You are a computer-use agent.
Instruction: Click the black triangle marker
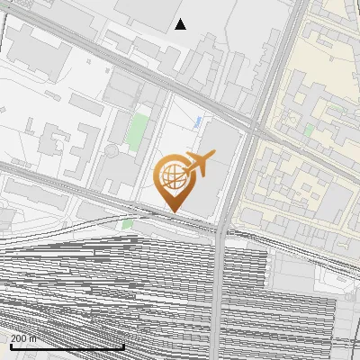[x=181, y=24]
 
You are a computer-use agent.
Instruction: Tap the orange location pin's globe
[x=172, y=175]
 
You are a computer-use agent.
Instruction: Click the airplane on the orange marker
[x=200, y=163]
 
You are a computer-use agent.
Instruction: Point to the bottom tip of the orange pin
[x=172, y=211]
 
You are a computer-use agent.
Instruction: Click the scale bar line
[x=67, y=346]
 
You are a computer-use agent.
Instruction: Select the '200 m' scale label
[x=24, y=338]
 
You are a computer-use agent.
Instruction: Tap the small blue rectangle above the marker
[x=197, y=121]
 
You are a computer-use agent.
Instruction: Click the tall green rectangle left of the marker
[x=137, y=130]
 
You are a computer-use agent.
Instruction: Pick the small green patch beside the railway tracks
[x=128, y=223]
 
